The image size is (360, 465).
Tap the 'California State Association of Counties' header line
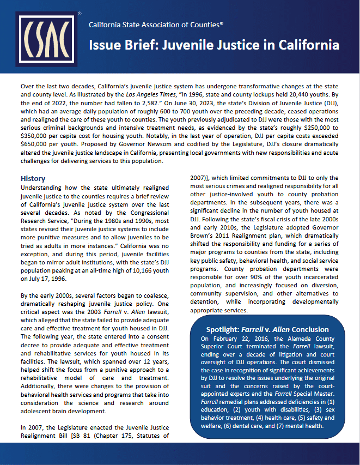[156, 25]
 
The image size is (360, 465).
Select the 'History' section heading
[33, 178]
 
